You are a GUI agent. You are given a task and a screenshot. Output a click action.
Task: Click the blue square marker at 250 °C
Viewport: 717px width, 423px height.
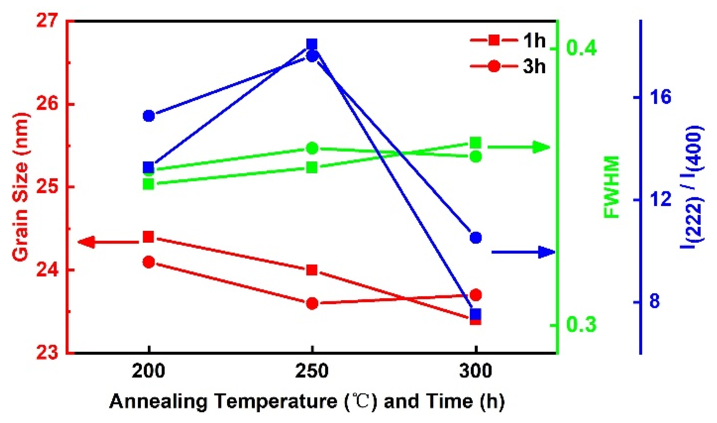coord(312,45)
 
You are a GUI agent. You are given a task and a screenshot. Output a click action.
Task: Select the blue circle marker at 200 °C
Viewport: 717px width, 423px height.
coord(148,116)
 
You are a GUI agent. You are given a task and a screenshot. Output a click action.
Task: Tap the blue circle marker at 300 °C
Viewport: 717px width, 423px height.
coord(475,237)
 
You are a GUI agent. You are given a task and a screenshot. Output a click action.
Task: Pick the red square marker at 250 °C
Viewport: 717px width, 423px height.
coord(312,270)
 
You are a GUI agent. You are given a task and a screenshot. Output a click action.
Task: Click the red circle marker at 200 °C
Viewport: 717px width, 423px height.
coord(148,262)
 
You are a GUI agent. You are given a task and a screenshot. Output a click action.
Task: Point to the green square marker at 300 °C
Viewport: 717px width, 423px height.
coord(475,142)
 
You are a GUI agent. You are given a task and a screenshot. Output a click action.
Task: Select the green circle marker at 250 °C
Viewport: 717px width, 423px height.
coord(312,148)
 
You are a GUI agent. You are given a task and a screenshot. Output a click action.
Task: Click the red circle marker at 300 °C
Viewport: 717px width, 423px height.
coord(475,295)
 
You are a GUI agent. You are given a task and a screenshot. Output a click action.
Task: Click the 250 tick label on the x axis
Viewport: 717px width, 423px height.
coord(312,371)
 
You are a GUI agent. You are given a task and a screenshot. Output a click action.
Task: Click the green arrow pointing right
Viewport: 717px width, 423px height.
coord(519,147)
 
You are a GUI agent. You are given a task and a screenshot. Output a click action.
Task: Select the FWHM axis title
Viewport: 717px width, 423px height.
coord(612,187)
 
